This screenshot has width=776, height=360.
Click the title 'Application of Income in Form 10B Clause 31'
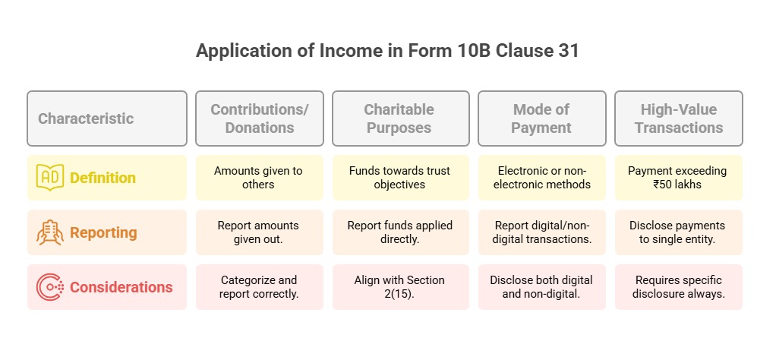[387, 52]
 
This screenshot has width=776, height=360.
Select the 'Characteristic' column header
[107, 118]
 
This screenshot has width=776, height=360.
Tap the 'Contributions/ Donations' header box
[260, 118]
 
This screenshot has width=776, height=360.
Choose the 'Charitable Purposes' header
[400, 118]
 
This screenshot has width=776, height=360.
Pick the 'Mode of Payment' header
[541, 118]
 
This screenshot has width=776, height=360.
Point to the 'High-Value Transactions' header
[679, 118]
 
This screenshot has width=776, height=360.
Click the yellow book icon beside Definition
[50, 177]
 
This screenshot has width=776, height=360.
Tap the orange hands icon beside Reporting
[50, 232]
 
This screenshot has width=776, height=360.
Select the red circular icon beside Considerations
[50, 287]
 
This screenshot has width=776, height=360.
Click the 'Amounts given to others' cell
[260, 177]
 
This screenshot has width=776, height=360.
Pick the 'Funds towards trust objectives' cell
[400, 177]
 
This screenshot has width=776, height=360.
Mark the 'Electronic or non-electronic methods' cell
[541, 177]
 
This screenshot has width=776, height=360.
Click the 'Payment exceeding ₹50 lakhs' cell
[679, 177]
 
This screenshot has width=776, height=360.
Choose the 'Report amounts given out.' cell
[260, 232]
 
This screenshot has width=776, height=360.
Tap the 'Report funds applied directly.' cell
[400, 232]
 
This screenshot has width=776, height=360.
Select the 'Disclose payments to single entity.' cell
[679, 232]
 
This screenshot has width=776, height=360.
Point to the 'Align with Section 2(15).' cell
[400, 287]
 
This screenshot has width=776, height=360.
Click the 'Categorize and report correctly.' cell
[260, 287]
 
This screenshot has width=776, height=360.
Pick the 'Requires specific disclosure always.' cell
[679, 287]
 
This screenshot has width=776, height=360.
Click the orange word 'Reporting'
[103, 232]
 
